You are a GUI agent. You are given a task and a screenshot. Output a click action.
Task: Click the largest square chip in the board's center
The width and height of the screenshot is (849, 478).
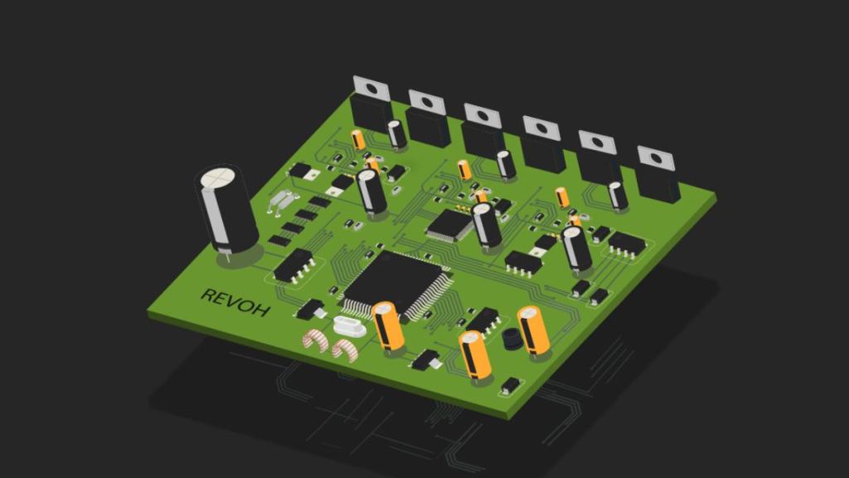coord(397,282)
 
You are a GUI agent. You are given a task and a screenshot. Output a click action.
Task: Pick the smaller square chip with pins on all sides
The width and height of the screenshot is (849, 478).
coord(451,224)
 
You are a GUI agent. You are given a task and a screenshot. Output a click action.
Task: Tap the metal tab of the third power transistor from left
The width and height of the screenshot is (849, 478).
coord(483,115)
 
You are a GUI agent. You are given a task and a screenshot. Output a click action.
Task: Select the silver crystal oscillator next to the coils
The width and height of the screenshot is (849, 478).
coord(348,327)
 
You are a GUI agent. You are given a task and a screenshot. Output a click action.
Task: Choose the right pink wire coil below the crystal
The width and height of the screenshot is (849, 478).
coord(343,349)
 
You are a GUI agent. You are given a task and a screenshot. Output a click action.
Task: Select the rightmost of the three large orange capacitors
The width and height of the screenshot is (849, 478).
coord(533,330)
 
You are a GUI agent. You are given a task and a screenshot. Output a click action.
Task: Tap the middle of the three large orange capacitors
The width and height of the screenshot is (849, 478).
coord(475,355)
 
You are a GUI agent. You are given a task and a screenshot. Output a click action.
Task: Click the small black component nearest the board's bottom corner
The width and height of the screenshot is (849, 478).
coord(510,385)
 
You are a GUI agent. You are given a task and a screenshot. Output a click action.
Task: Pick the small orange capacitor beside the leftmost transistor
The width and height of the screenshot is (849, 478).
coord(358,139)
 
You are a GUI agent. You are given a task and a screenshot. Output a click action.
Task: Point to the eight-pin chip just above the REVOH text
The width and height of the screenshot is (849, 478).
coord(294,264)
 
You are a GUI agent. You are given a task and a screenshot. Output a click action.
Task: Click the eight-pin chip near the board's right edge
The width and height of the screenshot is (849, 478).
coord(627,242)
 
